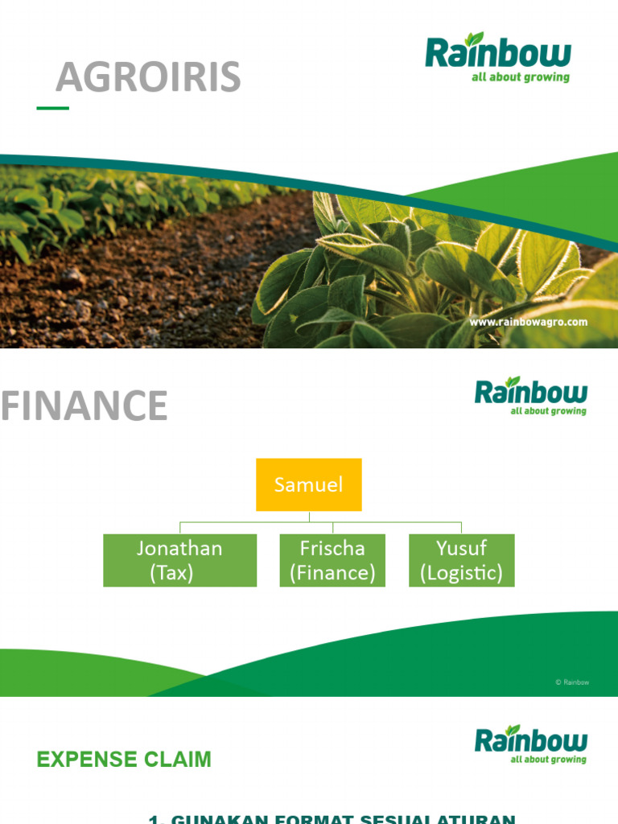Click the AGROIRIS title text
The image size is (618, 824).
[148, 77]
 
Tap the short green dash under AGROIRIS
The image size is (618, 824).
[53, 108]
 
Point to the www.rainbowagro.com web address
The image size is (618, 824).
[529, 322]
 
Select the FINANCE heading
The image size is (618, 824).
[84, 406]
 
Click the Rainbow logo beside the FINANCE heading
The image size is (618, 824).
[530, 396]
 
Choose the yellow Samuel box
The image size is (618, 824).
[309, 484]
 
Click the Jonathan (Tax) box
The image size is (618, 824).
[179, 560]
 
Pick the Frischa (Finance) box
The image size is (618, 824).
[332, 560]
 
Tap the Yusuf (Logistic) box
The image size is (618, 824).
[461, 560]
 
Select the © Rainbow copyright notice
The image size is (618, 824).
[572, 682]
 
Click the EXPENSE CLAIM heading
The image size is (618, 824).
[124, 760]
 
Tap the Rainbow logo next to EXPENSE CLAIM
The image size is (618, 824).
[530, 744]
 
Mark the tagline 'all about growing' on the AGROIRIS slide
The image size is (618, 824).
[521, 78]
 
